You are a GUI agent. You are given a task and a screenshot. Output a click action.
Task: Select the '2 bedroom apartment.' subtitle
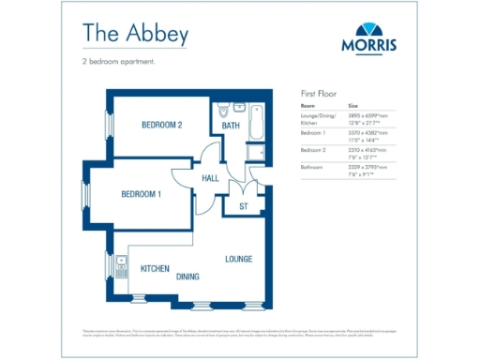pyautogui.click(x=118, y=62)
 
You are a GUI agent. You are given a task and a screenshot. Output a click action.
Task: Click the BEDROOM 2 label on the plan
pyautogui.click(x=161, y=125)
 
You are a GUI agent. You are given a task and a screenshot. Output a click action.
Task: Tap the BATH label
pyautogui.click(x=231, y=127)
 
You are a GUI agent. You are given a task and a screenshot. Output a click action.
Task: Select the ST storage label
pyautogui.click(x=243, y=206)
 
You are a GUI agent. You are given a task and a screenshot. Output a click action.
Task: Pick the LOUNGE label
pyautogui.click(x=238, y=257)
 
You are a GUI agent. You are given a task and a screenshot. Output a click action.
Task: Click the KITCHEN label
pyautogui.click(x=155, y=268)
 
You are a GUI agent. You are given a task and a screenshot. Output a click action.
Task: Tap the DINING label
pyautogui.click(x=187, y=277)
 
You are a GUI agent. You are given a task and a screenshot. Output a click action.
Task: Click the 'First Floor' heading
pyautogui.click(x=318, y=95)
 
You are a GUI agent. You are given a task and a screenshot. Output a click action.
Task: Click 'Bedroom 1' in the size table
pyautogui.click(x=313, y=133)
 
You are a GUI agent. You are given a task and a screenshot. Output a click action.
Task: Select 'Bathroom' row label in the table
pyautogui.click(x=312, y=167)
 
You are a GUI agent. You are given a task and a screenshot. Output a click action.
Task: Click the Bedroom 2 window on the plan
pyautogui.click(x=108, y=123)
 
